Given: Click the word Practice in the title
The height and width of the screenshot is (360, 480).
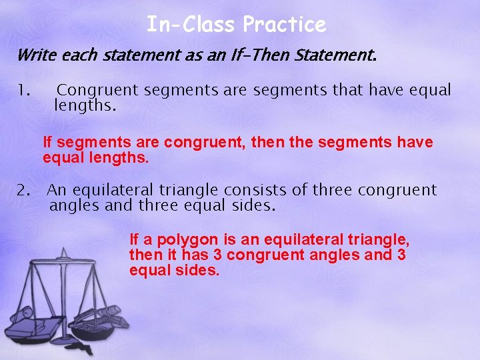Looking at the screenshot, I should click(x=285, y=25).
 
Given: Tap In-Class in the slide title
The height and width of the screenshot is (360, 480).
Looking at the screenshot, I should click(x=191, y=25).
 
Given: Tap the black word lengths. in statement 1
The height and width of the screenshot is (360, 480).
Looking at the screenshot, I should click(x=85, y=105).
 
